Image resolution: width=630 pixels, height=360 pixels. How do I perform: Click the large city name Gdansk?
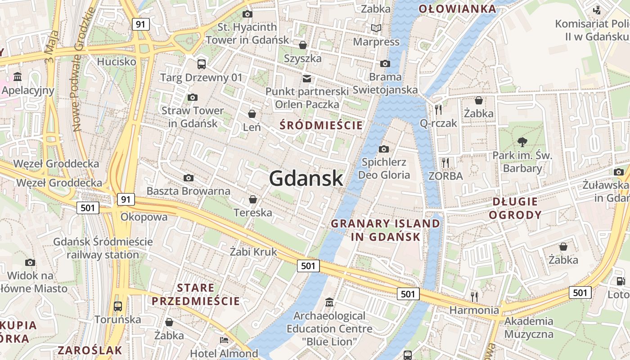(x=306, y=179)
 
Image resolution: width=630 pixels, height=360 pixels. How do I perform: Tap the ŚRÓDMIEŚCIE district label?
(x=321, y=125)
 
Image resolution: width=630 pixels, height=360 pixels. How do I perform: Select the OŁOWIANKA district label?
(x=457, y=9)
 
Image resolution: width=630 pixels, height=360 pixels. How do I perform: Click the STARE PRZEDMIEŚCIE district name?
(x=196, y=294)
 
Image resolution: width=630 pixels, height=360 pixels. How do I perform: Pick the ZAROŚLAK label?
(x=90, y=350)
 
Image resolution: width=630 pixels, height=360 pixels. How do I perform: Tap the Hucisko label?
(x=117, y=62)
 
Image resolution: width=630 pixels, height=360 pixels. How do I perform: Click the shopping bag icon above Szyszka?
(x=303, y=45)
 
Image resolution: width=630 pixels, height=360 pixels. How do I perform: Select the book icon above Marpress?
(x=376, y=28)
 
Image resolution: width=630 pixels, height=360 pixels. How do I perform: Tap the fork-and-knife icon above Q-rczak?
(x=438, y=109)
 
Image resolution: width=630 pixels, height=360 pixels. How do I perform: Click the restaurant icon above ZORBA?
(x=445, y=162)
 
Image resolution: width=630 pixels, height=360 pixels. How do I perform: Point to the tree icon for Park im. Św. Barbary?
(x=522, y=142)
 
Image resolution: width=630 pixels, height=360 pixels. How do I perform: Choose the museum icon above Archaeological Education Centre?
(x=329, y=301)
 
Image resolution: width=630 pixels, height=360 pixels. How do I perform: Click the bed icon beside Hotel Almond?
(x=224, y=340)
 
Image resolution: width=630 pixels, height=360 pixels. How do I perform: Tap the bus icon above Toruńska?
(x=117, y=306)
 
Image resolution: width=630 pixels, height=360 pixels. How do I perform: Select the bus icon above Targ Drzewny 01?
(x=201, y=64)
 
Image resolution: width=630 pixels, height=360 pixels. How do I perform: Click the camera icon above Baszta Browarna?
(x=189, y=178)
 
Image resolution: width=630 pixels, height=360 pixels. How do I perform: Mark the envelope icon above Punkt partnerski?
(x=307, y=78)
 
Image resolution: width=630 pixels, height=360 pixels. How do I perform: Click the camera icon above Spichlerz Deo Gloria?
(x=384, y=149)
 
